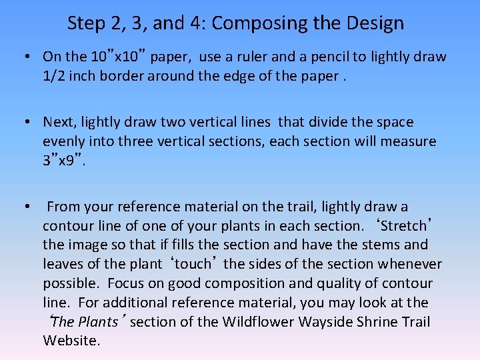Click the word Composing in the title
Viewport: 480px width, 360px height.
253,24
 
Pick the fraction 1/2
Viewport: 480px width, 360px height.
54,75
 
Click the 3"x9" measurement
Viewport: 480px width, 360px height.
63,160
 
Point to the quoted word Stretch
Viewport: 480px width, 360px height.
403,226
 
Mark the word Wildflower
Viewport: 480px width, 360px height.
258,322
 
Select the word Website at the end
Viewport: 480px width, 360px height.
71,341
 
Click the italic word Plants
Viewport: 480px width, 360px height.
97,322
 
